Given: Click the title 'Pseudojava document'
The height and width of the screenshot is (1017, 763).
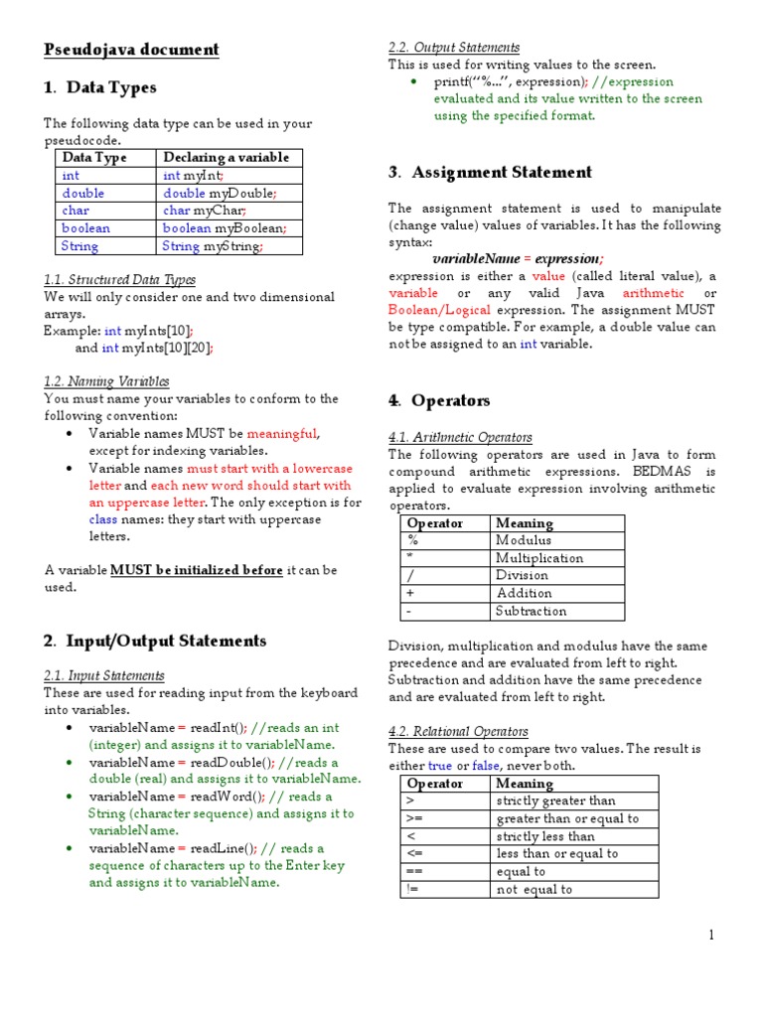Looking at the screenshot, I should coord(131,50).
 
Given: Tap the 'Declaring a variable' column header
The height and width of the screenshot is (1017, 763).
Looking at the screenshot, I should coord(226,157).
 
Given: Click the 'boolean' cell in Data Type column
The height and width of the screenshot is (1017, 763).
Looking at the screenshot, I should coord(86,227).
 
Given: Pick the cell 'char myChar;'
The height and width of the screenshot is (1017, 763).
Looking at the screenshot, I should coord(204,211).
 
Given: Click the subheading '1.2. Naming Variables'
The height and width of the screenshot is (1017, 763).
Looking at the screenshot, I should coord(106,381).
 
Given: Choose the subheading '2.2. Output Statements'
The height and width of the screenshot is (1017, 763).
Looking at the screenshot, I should coord(453,48).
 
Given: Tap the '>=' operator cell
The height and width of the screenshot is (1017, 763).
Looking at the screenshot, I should coord(415,818).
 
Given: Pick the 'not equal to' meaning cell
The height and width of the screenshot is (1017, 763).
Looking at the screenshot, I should coord(534,889).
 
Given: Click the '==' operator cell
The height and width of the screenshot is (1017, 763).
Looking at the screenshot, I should coord(415,871).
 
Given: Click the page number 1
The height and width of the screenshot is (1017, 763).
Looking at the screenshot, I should coord(711,935).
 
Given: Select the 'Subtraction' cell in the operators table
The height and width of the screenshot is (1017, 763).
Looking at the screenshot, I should coord(532,611).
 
